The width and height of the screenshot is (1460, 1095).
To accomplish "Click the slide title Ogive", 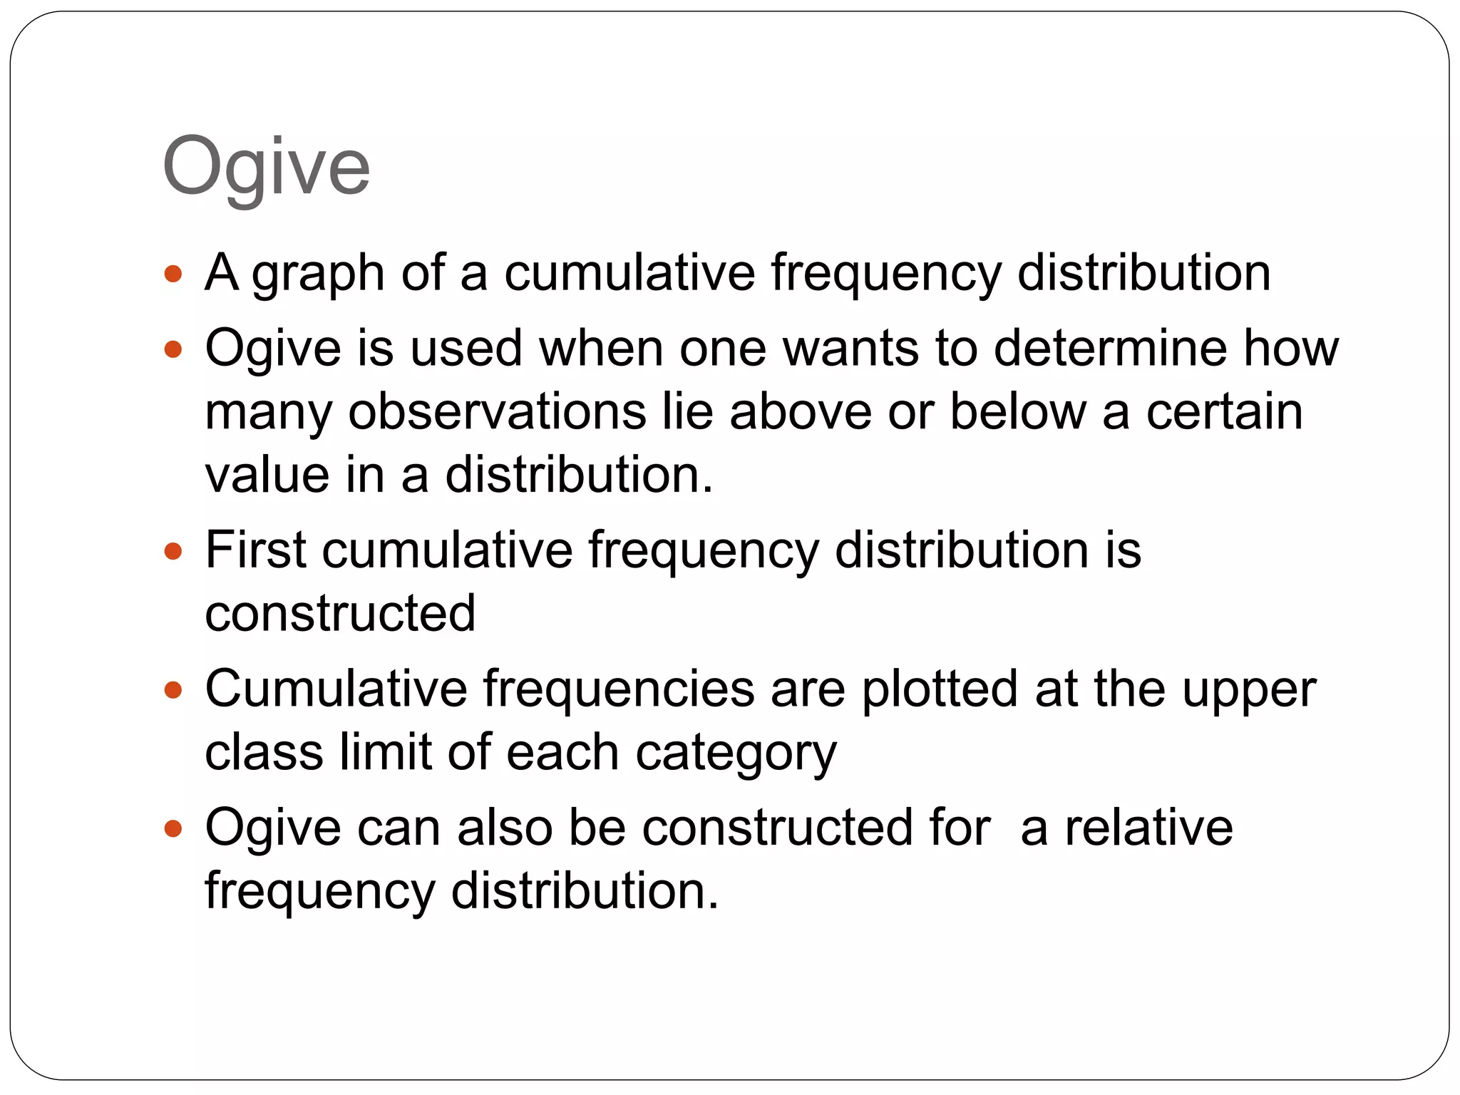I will point(266,168).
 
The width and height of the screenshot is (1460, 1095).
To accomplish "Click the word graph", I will point(318,274).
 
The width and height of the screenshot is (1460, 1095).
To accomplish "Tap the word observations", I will point(497,412).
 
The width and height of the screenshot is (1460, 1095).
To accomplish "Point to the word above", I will point(800,412).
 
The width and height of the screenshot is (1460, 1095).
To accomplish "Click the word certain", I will point(1224,412).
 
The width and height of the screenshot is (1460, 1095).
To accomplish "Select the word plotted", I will point(940,689).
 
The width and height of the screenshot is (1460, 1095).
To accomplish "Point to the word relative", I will point(1148,828).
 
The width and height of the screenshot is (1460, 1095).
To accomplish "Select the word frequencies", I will point(618,689).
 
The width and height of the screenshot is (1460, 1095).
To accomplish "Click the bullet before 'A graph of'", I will point(173,273).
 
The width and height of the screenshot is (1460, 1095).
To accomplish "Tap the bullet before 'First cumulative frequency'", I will point(173,551).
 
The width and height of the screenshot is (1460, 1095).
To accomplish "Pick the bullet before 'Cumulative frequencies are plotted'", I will point(173,690).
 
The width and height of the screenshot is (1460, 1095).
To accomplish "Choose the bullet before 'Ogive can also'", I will point(173,828).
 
